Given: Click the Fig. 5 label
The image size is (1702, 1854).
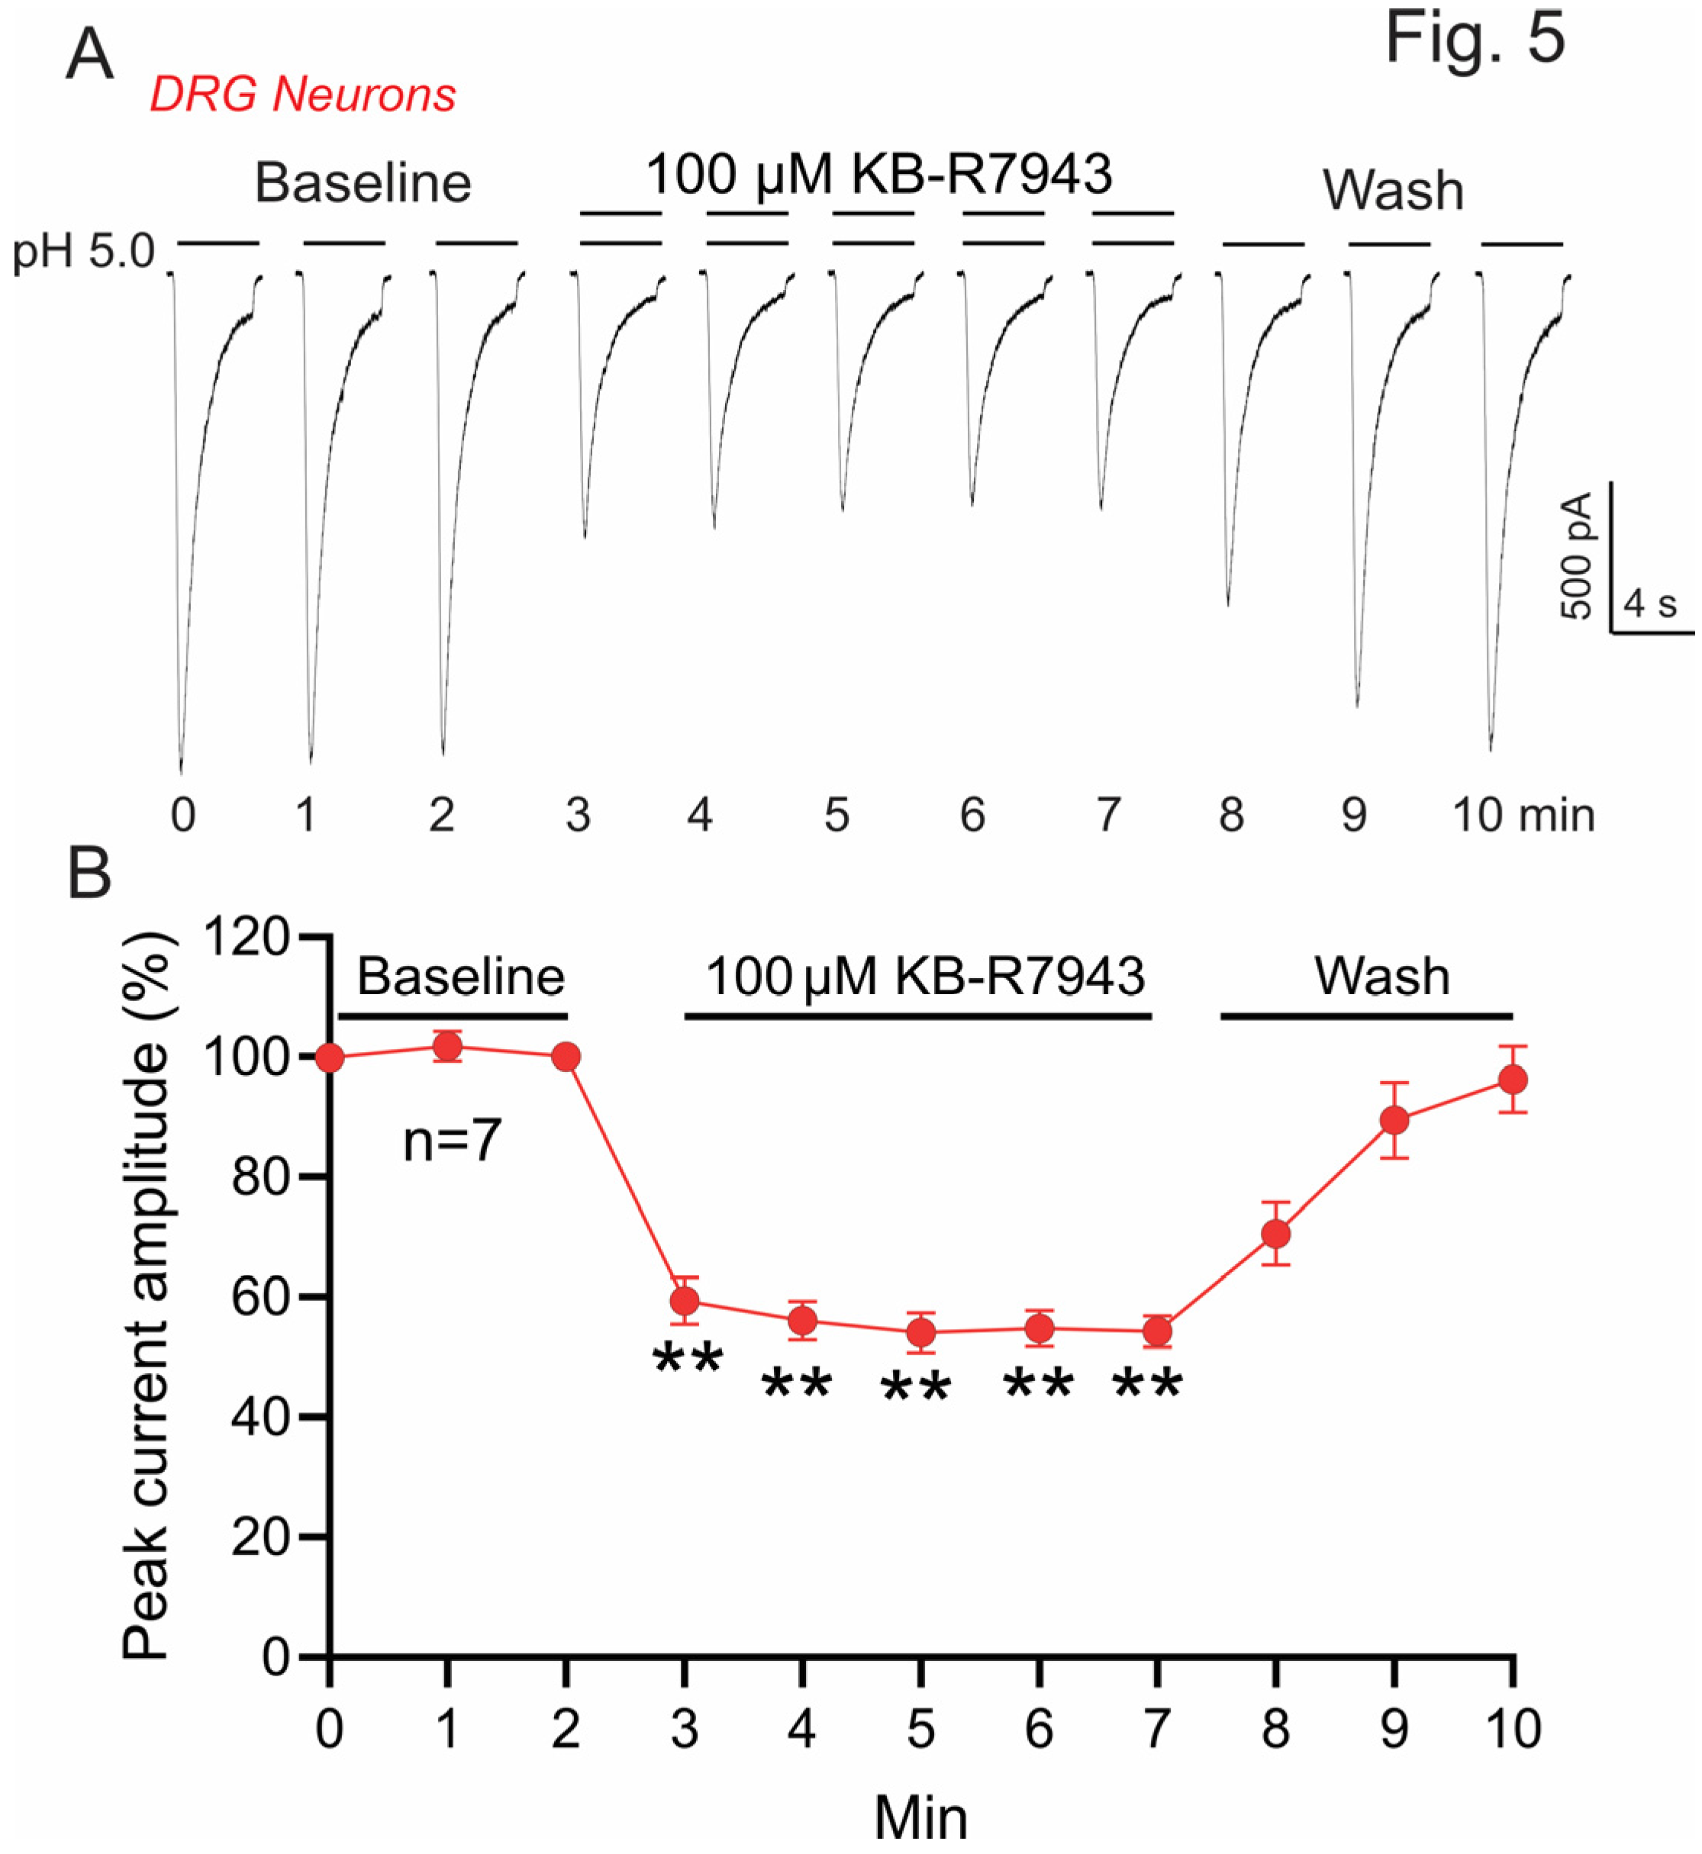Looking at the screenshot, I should (1475, 39).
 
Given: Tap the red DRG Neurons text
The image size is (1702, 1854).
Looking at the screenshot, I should (302, 94).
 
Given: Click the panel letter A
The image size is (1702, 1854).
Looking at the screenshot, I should (89, 55).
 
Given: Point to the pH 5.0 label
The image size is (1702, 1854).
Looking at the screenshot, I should (83, 251).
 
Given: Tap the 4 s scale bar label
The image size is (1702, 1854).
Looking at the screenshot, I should (1649, 603).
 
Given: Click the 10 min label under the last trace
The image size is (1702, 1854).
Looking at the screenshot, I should (1523, 815).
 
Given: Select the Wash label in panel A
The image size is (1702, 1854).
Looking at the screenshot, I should (1393, 191).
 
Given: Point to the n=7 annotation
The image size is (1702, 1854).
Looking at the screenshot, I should (451, 1141).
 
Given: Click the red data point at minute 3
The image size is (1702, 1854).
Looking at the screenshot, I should (685, 1301).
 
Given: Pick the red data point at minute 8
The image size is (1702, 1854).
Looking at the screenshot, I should (1275, 1234).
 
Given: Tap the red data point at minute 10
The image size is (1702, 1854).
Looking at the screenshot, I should (1512, 1080).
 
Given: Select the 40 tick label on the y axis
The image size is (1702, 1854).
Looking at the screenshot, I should (259, 1417).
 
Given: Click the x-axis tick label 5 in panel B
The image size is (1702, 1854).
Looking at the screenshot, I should (920, 1730).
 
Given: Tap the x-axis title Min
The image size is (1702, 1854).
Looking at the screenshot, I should (920, 1818).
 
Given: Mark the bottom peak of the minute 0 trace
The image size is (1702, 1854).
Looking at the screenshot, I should (181, 771).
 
